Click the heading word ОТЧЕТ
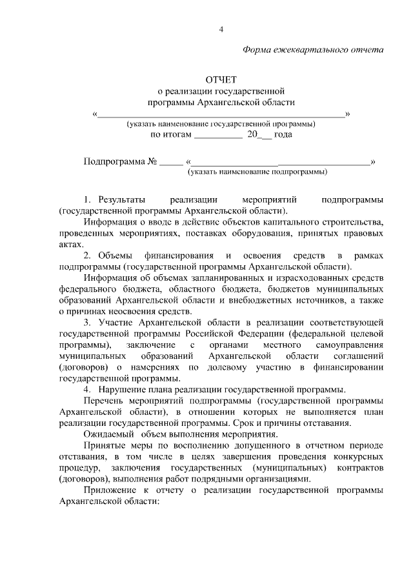(x=221, y=80)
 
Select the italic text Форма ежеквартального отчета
(x=313, y=50)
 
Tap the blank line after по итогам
(x=217, y=136)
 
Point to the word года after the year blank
(x=283, y=135)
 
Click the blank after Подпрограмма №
(x=171, y=161)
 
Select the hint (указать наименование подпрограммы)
(x=257, y=172)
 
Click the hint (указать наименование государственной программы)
(x=221, y=123)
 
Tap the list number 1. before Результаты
(x=88, y=199)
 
